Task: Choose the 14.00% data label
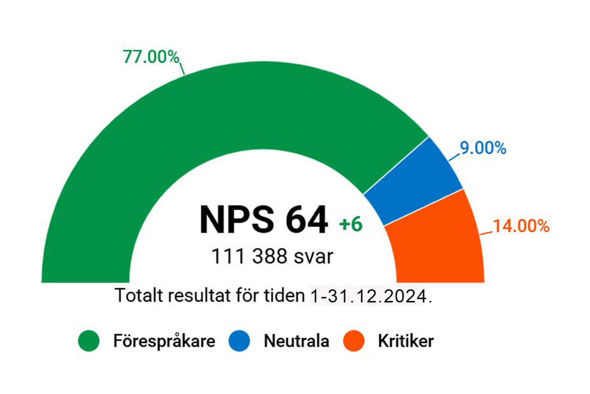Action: click(x=521, y=226)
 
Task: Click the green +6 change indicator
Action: click(x=351, y=224)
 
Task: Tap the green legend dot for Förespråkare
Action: click(x=90, y=341)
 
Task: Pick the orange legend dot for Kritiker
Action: click(x=355, y=341)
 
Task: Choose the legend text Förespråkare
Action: click(x=164, y=341)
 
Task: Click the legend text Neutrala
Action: click(x=296, y=341)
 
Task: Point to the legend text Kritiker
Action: click(x=405, y=341)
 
